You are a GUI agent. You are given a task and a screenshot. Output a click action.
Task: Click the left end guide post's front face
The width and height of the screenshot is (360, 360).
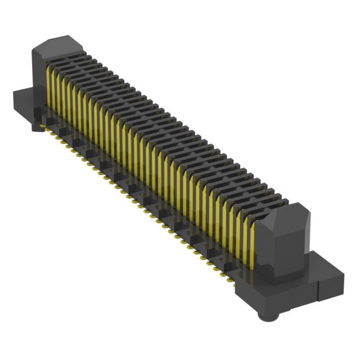pyautogui.click(x=38, y=84)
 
